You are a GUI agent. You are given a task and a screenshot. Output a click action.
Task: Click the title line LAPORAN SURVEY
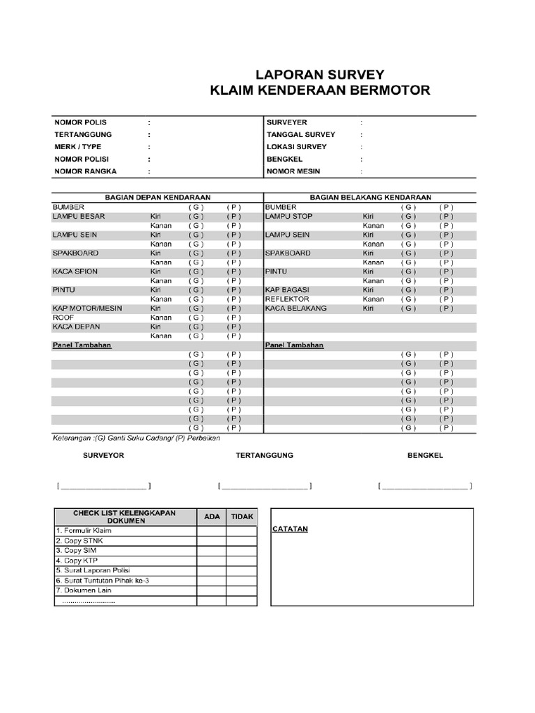tap(320, 75)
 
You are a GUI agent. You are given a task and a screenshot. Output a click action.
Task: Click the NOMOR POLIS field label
tap(80, 122)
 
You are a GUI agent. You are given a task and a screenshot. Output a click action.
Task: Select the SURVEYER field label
tap(286, 122)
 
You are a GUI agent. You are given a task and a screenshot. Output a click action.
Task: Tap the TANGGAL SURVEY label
tap(300, 134)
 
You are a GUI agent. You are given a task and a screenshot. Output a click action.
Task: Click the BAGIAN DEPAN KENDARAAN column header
tap(157, 198)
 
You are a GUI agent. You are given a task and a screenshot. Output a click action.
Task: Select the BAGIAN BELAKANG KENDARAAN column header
tap(371, 198)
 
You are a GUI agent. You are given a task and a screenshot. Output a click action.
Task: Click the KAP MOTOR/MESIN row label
tap(88, 308)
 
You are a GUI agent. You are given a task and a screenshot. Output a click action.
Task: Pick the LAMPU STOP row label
tap(289, 216)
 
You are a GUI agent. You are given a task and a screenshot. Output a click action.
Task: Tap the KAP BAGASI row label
tap(288, 289)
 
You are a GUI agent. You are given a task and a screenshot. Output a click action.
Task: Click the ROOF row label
tap(63, 317)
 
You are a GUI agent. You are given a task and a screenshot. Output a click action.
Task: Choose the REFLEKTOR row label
tap(287, 299)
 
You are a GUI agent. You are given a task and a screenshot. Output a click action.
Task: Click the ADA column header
tap(212, 517)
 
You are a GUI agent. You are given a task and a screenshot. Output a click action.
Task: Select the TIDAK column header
tap(242, 517)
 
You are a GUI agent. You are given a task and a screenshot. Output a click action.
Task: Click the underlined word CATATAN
tap(290, 529)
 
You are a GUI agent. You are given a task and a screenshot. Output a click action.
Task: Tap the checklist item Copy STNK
tap(83, 540)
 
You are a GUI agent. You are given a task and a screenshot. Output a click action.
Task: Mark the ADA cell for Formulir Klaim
tap(211, 531)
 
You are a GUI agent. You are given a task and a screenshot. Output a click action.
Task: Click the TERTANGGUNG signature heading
tap(265, 455)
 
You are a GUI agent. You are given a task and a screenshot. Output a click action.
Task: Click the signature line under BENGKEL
tap(424, 486)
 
